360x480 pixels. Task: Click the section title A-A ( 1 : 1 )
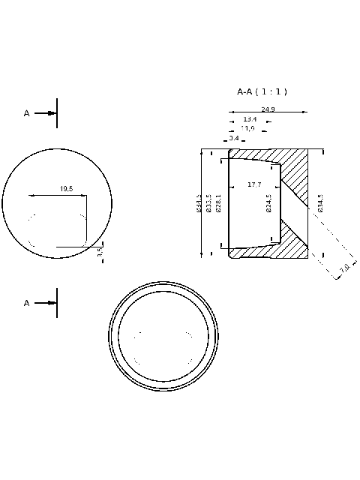coord(262,91)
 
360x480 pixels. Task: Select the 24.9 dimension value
coord(268,109)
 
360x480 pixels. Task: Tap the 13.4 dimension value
coord(250,119)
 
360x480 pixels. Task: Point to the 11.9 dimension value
coord(247,128)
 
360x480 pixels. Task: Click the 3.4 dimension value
coord(234,138)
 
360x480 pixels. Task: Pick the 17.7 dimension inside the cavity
coord(254,184)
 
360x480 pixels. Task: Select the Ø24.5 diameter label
coord(268,203)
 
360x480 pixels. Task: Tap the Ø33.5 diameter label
coord(209,203)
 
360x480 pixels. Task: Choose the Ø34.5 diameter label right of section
coord(320,203)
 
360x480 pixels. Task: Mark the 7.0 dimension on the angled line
coord(344,268)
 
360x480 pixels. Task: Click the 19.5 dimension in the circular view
coord(66,189)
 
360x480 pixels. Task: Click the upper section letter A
coord(27,113)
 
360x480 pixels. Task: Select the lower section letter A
coord(27,303)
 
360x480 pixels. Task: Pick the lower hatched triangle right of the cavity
coord(295,234)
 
